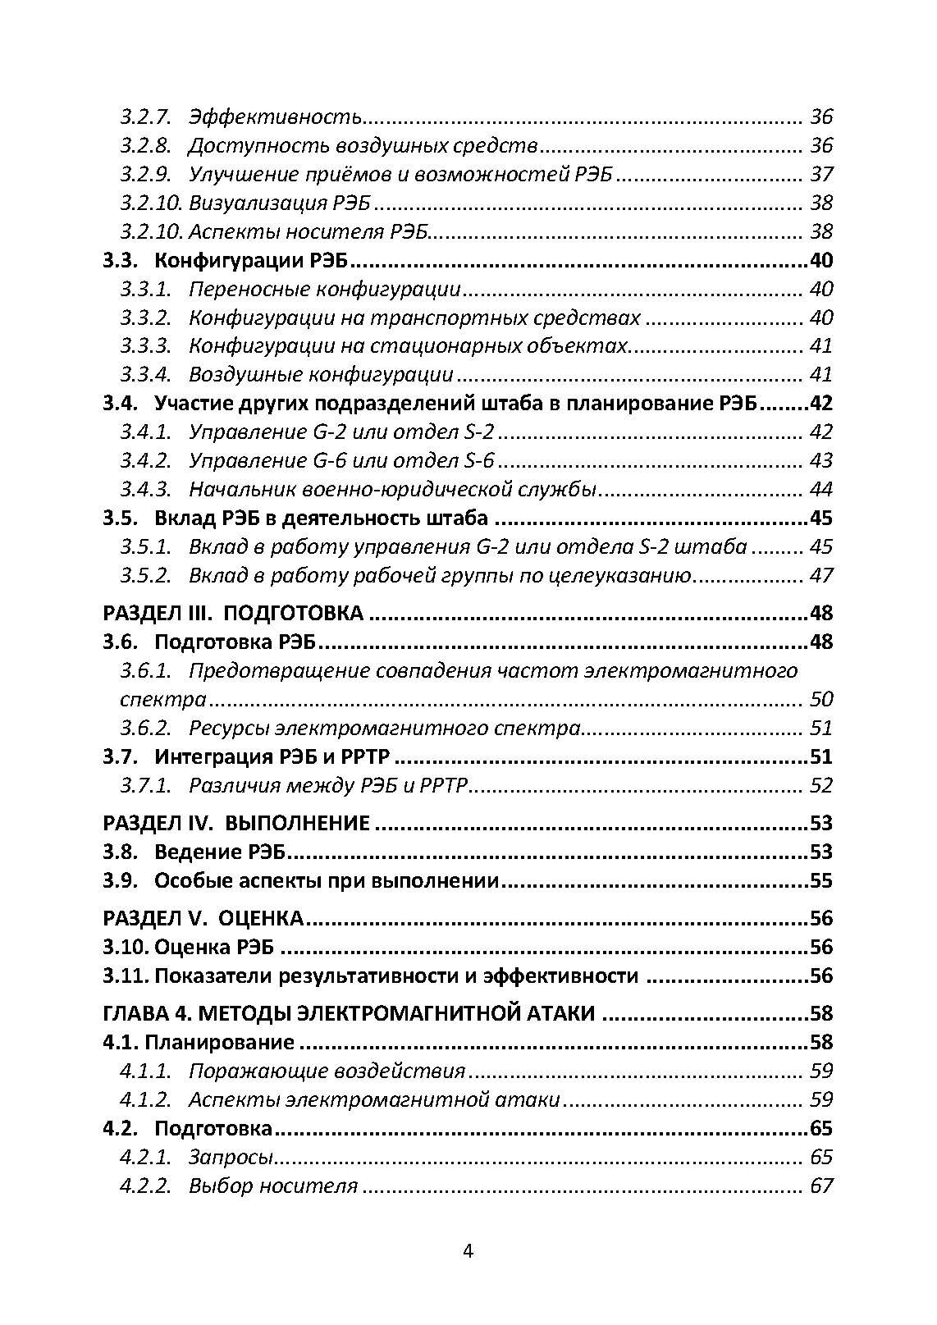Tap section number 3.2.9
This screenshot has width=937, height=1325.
[145, 175]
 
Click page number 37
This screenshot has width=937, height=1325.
[820, 175]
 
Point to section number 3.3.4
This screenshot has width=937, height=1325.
[145, 375]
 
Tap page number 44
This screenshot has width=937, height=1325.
[820, 490]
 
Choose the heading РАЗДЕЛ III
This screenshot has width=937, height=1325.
[156, 614]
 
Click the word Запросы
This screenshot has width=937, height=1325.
[230, 1158]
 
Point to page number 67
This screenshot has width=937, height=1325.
[820, 1186]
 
